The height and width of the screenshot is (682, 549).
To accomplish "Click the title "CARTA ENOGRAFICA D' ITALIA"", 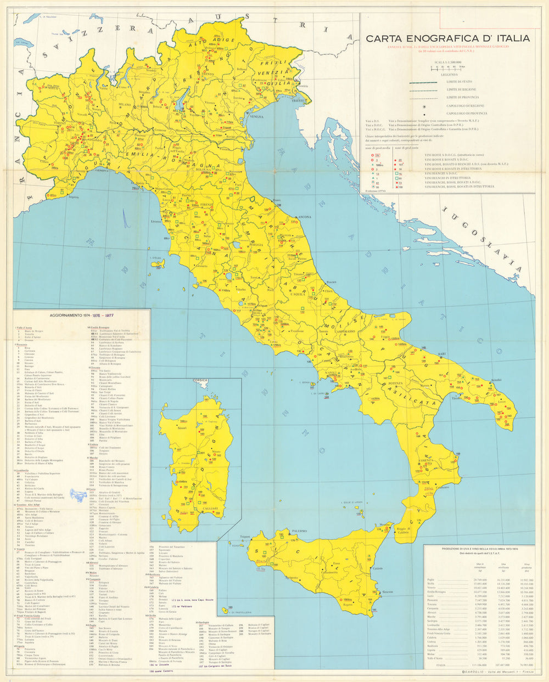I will [x=448, y=38].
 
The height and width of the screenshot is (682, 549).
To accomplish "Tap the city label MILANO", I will [x=125, y=104].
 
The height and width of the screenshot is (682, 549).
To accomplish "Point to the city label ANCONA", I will [x=304, y=217].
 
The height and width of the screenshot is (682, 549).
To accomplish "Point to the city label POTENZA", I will [x=396, y=383].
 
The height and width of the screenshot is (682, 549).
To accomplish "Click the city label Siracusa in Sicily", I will [x=388, y=591].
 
